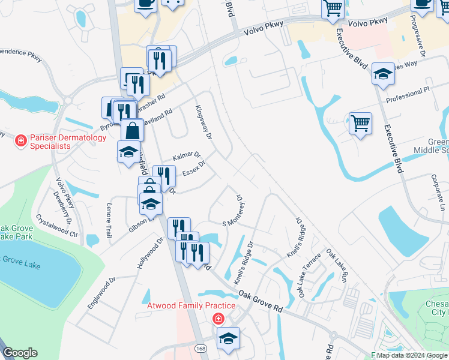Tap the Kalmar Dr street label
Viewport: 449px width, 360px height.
pyautogui.click(x=185, y=156)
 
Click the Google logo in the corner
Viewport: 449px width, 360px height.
pyautogui.click(x=20, y=352)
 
